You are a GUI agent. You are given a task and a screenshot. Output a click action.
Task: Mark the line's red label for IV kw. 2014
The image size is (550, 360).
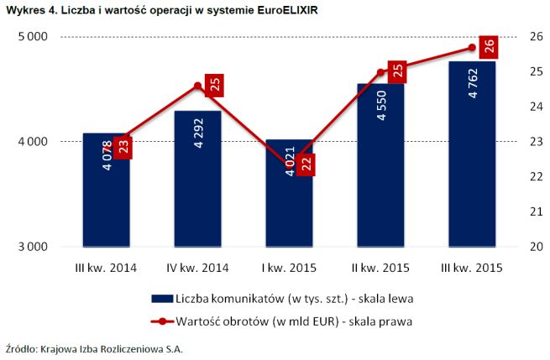point(215,84)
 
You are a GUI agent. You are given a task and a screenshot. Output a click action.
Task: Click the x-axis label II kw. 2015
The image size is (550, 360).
point(380,268)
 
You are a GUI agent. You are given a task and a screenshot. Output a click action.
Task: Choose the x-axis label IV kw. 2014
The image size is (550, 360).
point(197,268)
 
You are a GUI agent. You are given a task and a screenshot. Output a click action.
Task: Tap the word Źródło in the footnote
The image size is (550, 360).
point(18,347)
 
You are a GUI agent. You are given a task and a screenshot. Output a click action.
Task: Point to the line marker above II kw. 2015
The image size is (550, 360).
point(380,72)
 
